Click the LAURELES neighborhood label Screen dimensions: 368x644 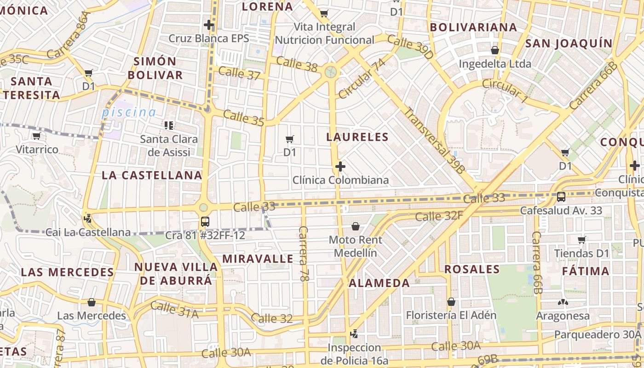click(357, 137)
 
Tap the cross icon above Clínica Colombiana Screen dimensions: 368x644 click(340, 166)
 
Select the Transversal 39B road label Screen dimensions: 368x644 click(435, 141)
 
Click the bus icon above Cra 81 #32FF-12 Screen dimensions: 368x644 click(205, 222)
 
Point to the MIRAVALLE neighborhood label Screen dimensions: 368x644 click(258, 259)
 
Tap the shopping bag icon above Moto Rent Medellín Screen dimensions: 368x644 click(355, 226)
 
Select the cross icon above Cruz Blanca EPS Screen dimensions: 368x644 click(209, 24)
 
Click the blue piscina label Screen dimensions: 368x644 click(129, 112)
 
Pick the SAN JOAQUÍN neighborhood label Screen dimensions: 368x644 click(569, 44)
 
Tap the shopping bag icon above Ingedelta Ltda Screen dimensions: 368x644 click(495, 50)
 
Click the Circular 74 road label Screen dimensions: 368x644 click(362, 78)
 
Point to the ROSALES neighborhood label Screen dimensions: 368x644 click(472, 269)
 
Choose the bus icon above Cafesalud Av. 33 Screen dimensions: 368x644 click(561, 197)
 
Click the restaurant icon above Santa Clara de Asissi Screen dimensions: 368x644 click(168, 125)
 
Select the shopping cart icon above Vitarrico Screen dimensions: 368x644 click(37, 136)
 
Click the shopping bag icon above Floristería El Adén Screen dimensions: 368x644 click(451, 302)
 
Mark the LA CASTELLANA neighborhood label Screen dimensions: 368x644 click(152, 175)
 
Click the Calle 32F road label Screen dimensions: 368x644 click(439, 215)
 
